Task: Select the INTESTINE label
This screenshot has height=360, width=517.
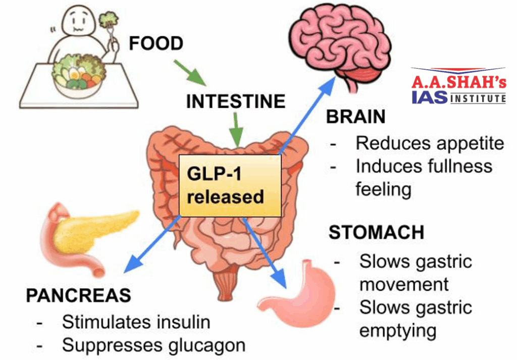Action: click(x=235, y=101)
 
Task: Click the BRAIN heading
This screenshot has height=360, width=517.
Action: click(x=356, y=117)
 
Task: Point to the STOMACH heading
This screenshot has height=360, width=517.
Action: click(x=376, y=232)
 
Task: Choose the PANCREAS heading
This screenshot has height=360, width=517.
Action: click(x=78, y=295)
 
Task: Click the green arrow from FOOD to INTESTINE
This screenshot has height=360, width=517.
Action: click(x=190, y=72)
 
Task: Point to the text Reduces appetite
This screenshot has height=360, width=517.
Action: click(x=430, y=143)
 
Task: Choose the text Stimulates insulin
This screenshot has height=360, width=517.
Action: click(x=136, y=322)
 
